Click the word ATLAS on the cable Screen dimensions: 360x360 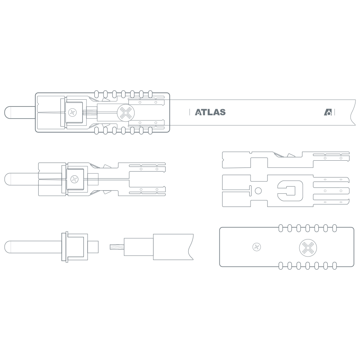point(210,112)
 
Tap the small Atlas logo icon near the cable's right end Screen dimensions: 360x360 point(328,112)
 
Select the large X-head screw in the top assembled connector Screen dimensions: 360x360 point(126,113)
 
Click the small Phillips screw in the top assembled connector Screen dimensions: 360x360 point(72,113)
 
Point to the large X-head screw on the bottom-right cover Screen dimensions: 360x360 point(308,248)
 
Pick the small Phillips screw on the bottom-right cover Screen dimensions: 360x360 point(257,247)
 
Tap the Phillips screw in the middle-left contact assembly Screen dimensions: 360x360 point(74,179)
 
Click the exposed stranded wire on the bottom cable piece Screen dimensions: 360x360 point(117,247)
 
